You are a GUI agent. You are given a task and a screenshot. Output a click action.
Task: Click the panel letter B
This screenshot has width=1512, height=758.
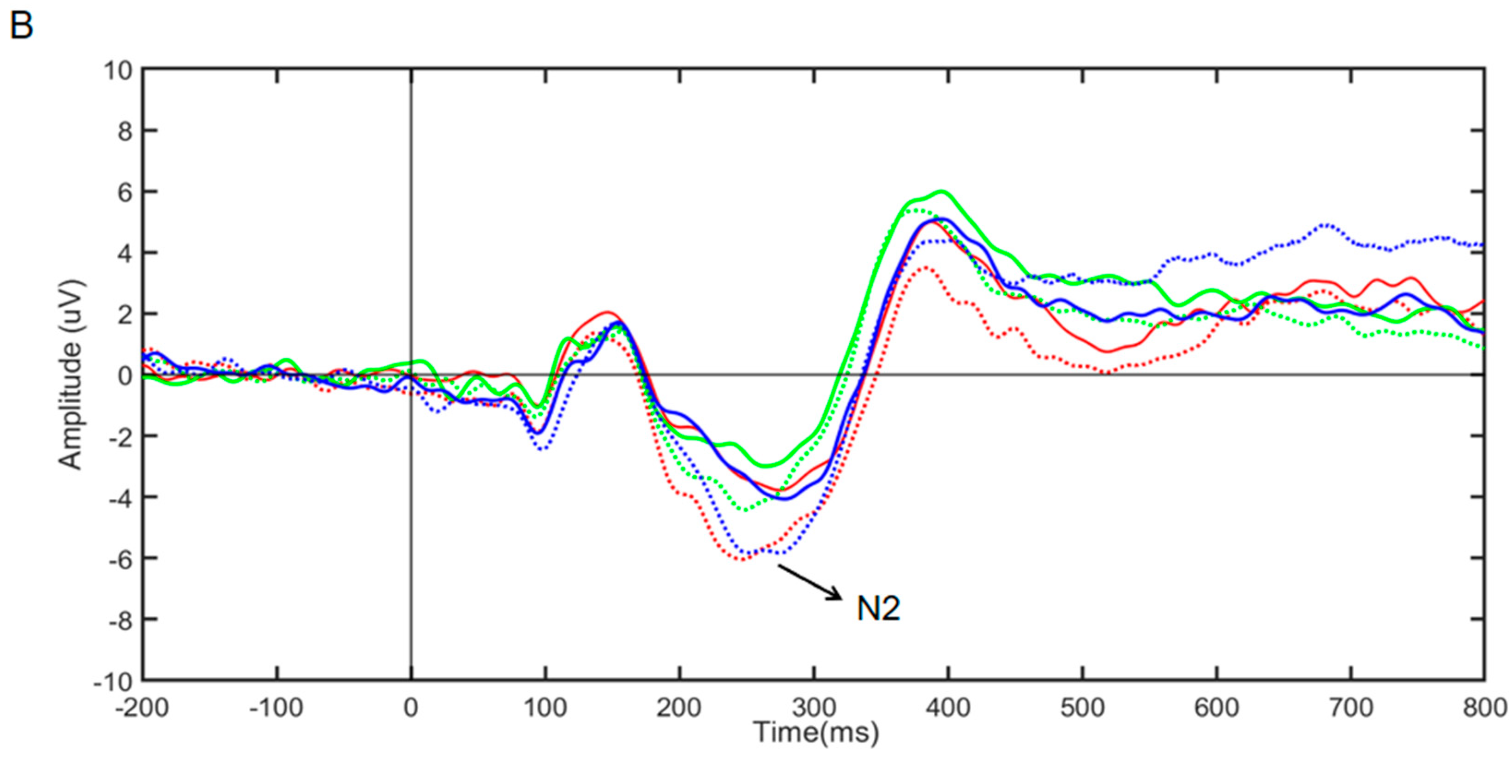tap(21, 27)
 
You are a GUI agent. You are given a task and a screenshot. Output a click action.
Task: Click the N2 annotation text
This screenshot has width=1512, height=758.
tap(878, 609)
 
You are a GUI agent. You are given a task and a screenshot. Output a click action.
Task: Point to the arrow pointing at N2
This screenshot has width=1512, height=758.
tap(810, 582)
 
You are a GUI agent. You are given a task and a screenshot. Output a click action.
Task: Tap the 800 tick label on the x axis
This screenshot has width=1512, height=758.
tap(1485, 708)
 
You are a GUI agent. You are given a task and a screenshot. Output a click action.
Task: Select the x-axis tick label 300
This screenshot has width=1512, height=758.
tap(814, 708)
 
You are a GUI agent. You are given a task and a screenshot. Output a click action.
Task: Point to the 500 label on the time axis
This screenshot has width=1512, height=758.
tap(1082, 708)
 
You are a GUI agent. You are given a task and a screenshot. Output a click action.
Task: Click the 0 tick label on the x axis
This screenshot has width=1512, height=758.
tap(411, 708)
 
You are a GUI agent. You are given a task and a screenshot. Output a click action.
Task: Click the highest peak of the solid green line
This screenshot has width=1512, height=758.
tap(941, 191)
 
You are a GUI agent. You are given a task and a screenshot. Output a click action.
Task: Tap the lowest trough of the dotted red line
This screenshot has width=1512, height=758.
tap(741, 560)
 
